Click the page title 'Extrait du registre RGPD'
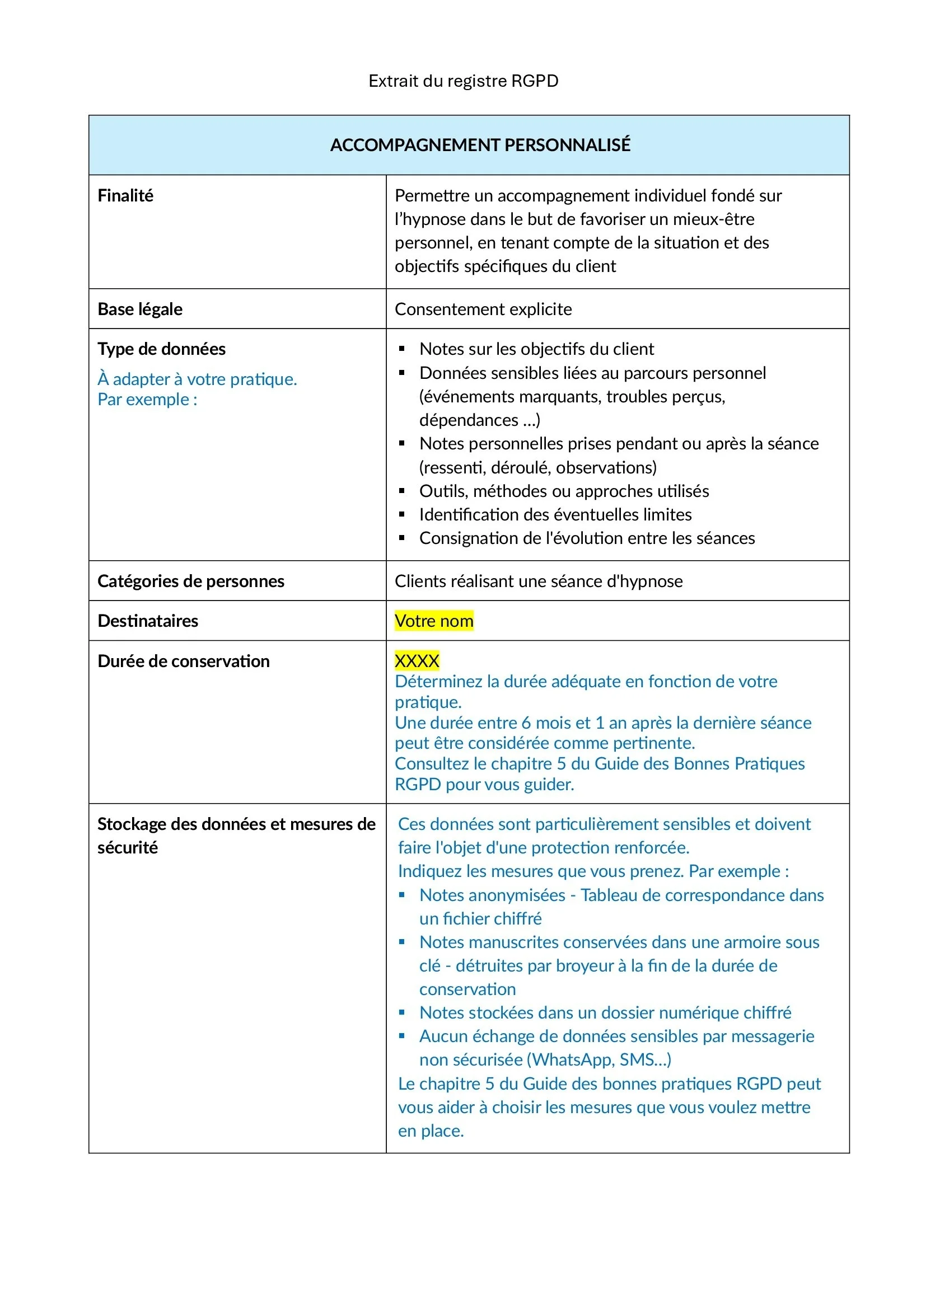tap(463, 81)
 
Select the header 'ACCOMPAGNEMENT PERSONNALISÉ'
tap(480, 145)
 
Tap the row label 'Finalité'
tap(125, 195)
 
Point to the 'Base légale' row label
tap(140, 309)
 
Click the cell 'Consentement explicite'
tap(483, 309)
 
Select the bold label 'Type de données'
tap(161, 349)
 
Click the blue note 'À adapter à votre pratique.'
tap(197, 379)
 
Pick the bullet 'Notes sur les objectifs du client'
tap(536, 349)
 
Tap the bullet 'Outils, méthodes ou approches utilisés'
tap(564, 491)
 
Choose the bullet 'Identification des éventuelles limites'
tap(555, 515)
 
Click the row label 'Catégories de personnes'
tap(190, 581)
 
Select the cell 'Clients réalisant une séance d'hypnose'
tap(538, 581)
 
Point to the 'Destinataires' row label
tap(148, 621)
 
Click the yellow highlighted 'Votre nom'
tap(434, 621)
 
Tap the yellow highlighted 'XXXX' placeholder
tap(417, 661)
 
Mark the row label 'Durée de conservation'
tap(184, 661)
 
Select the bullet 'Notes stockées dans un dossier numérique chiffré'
tap(605, 1012)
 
